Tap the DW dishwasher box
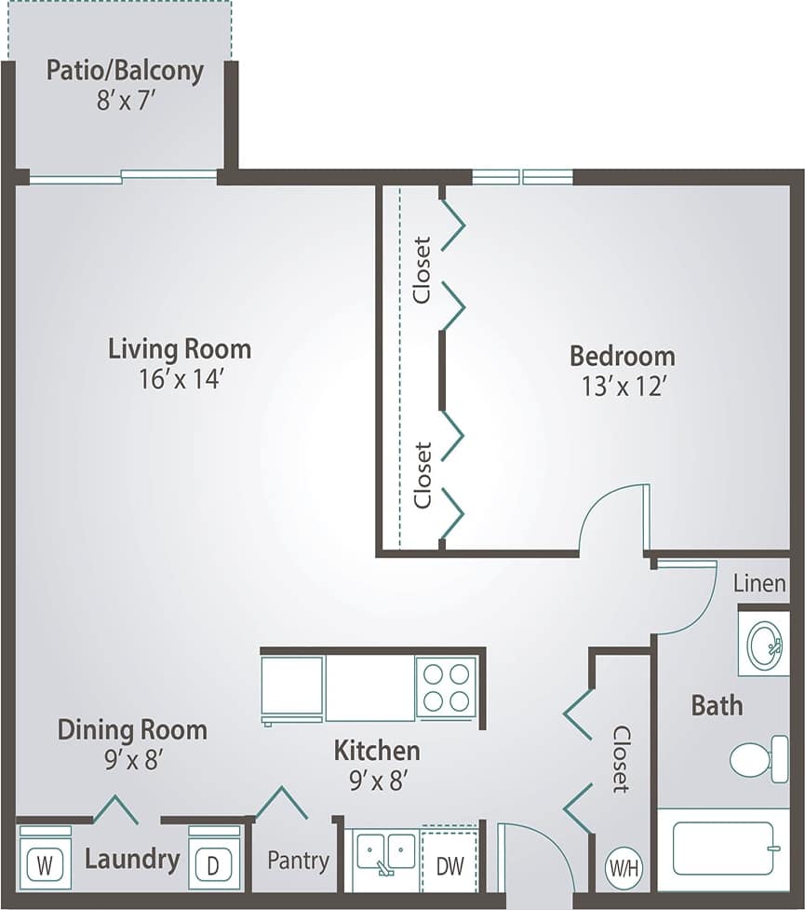(449, 864)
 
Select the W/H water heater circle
(624, 868)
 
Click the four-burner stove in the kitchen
(446, 686)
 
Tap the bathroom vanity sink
(764, 643)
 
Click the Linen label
(759, 584)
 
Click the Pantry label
(298, 860)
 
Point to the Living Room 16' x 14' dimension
(180, 379)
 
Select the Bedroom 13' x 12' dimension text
(622, 386)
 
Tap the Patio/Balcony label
(125, 71)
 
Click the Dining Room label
(132, 728)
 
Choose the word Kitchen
(377, 750)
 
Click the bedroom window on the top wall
(522, 177)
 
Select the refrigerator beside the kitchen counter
(292, 688)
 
